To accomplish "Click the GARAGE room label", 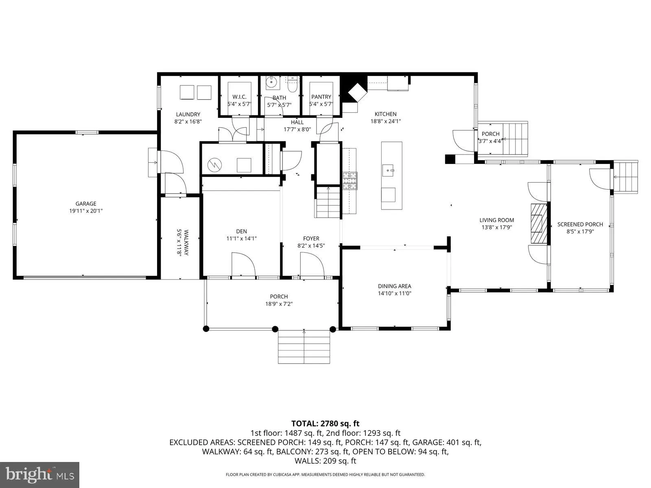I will tap(86, 204).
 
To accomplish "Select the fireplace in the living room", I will tap(538, 223).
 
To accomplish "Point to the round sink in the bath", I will tap(271, 83).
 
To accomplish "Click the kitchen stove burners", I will tap(350, 181).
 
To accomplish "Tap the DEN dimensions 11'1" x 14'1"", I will tap(241, 239).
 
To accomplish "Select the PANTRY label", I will tap(321, 97).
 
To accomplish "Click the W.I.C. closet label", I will tap(239, 97).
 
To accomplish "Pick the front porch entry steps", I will tap(304, 346).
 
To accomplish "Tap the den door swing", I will tap(243, 265).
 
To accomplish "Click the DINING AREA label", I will tap(394, 286).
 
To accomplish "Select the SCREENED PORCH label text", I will tap(580, 224).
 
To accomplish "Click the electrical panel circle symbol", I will tap(214, 165).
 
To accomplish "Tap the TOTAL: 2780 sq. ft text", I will tap(325, 424).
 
